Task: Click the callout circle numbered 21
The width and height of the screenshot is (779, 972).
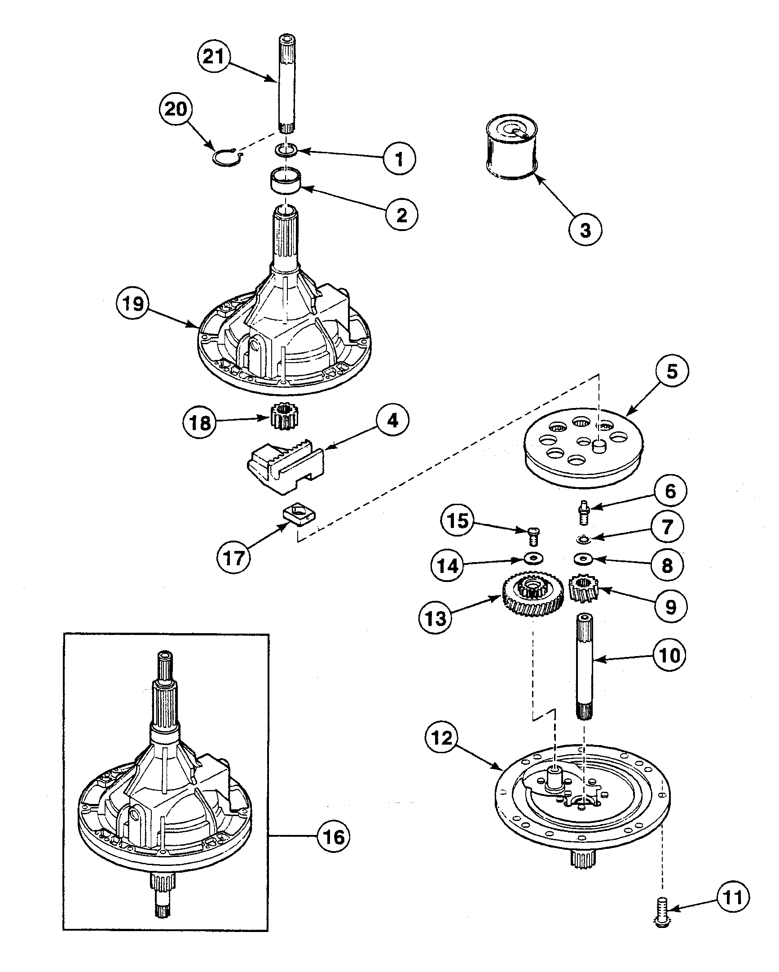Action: tap(214, 57)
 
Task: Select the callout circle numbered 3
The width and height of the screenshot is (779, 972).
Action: tap(585, 230)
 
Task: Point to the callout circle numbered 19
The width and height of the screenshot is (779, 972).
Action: tap(133, 304)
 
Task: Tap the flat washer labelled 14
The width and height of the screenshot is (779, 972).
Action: tap(534, 559)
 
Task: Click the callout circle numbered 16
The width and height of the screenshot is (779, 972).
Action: tap(334, 837)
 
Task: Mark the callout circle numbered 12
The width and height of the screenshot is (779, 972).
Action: tap(441, 738)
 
